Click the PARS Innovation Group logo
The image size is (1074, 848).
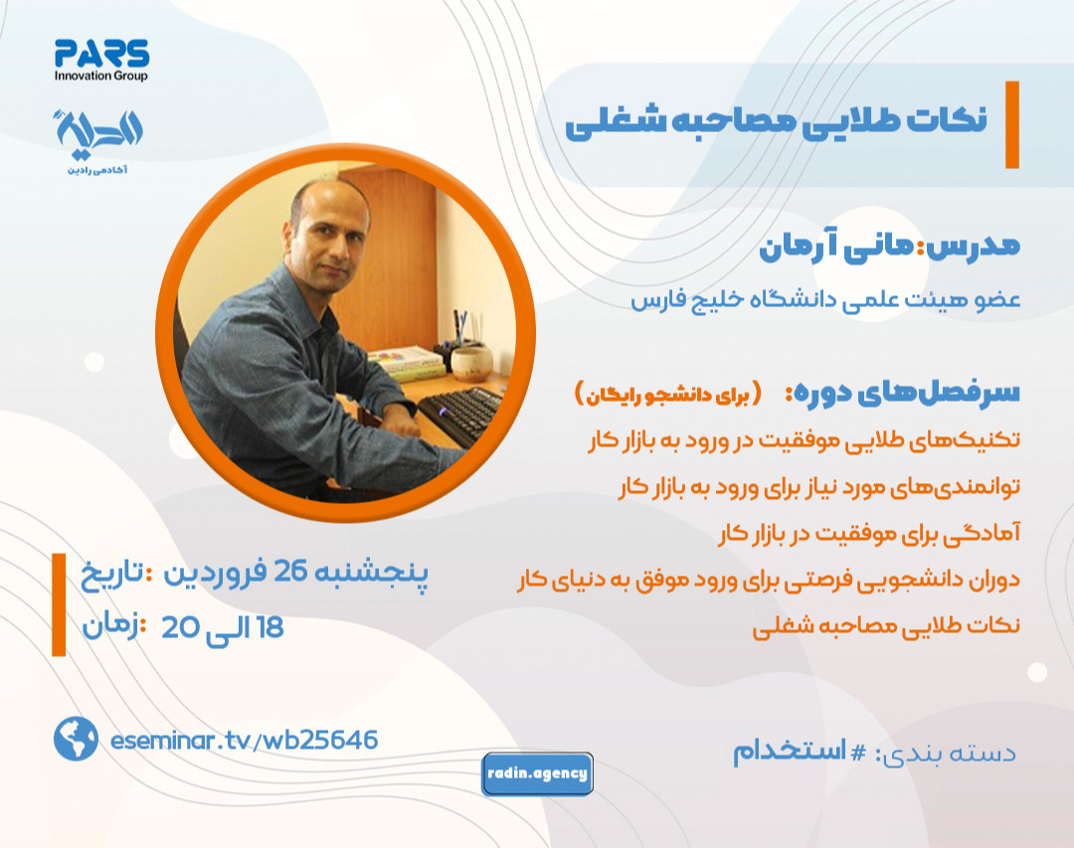tap(101, 60)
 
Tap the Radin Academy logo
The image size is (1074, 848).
tap(101, 136)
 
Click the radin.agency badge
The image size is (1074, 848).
tap(537, 773)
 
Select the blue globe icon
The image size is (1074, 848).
tap(76, 739)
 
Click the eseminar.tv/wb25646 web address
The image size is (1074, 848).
tap(246, 740)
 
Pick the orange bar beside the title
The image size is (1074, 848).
tap(1011, 124)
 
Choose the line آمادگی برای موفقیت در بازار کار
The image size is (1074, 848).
tap(869, 536)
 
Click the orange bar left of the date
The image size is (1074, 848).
tap(59, 606)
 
